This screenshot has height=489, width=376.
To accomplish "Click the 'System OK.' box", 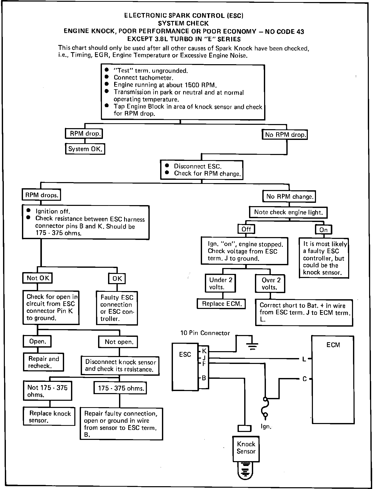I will click(x=85, y=149).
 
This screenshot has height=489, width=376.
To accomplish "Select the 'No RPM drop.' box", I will click(x=285, y=135).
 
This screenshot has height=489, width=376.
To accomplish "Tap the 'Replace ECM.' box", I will click(x=221, y=304).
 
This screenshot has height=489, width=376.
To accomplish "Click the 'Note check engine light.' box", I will click(x=288, y=212).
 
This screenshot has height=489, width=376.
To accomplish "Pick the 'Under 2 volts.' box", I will click(x=220, y=283).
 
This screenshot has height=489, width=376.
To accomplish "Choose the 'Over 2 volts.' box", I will click(x=270, y=283).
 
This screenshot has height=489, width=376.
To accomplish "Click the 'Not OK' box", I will click(x=38, y=278).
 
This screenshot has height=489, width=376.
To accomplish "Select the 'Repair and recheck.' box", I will click(x=43, y=362).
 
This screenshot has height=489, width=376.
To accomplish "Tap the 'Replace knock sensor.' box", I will click(x=49, y=417).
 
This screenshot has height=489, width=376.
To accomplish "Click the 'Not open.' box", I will click(x=118, y=342).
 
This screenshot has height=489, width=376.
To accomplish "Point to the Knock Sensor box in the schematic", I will click(x=246, y=448).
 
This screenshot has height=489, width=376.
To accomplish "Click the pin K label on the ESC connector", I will click(x=204, y=351).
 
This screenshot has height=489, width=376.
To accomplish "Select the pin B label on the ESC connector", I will click(x=204, y=378).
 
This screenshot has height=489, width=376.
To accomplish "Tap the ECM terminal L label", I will click(x=304, y=359).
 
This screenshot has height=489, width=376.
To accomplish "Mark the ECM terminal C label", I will click(x=304, y=379).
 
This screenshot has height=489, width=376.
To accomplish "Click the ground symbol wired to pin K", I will click(x=252, y=346).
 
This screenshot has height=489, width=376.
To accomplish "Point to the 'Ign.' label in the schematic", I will click(x=266, y=427).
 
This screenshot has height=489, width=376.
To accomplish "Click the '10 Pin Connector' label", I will click(x=205, y=333).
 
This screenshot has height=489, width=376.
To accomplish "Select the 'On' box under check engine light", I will click(x=323, y=230).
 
